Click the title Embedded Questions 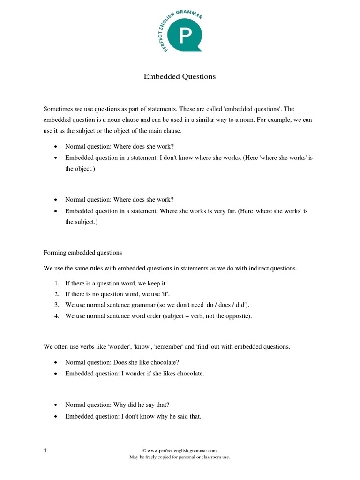point(180,76)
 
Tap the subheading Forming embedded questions point(82,253)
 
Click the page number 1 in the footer point(45,451)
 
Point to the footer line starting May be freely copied point(180,457)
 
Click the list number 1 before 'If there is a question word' point(56,284)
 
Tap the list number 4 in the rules point(56,316)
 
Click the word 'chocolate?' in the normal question point(164,362)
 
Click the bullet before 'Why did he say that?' point(56,405)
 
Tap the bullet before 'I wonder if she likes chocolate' point(56,374)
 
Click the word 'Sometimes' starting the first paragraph point(58,109)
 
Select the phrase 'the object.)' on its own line point(80,169)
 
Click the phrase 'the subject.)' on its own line point(82,222)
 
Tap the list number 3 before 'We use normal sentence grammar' point(56,305)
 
